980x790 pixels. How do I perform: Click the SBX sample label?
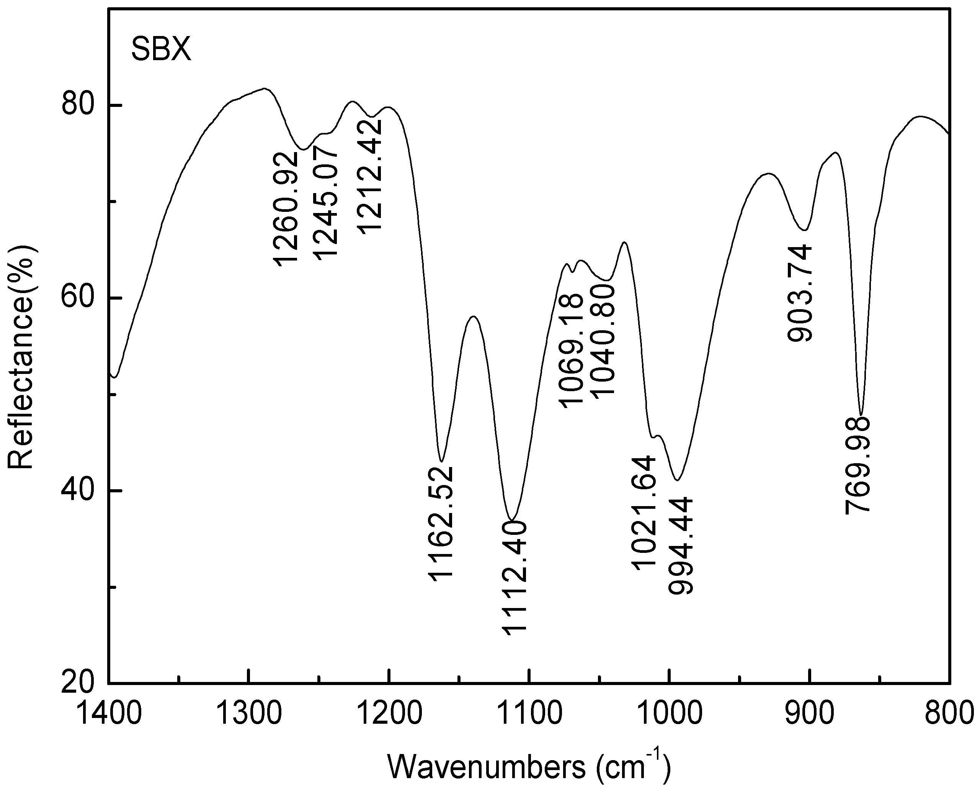tap(162, 51)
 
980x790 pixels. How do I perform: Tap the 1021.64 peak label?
tap(644, 512)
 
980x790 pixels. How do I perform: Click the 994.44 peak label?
tap(680, 546)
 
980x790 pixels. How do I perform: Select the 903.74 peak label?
tap(799, 293)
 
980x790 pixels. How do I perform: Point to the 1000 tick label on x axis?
tap(669, 713)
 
